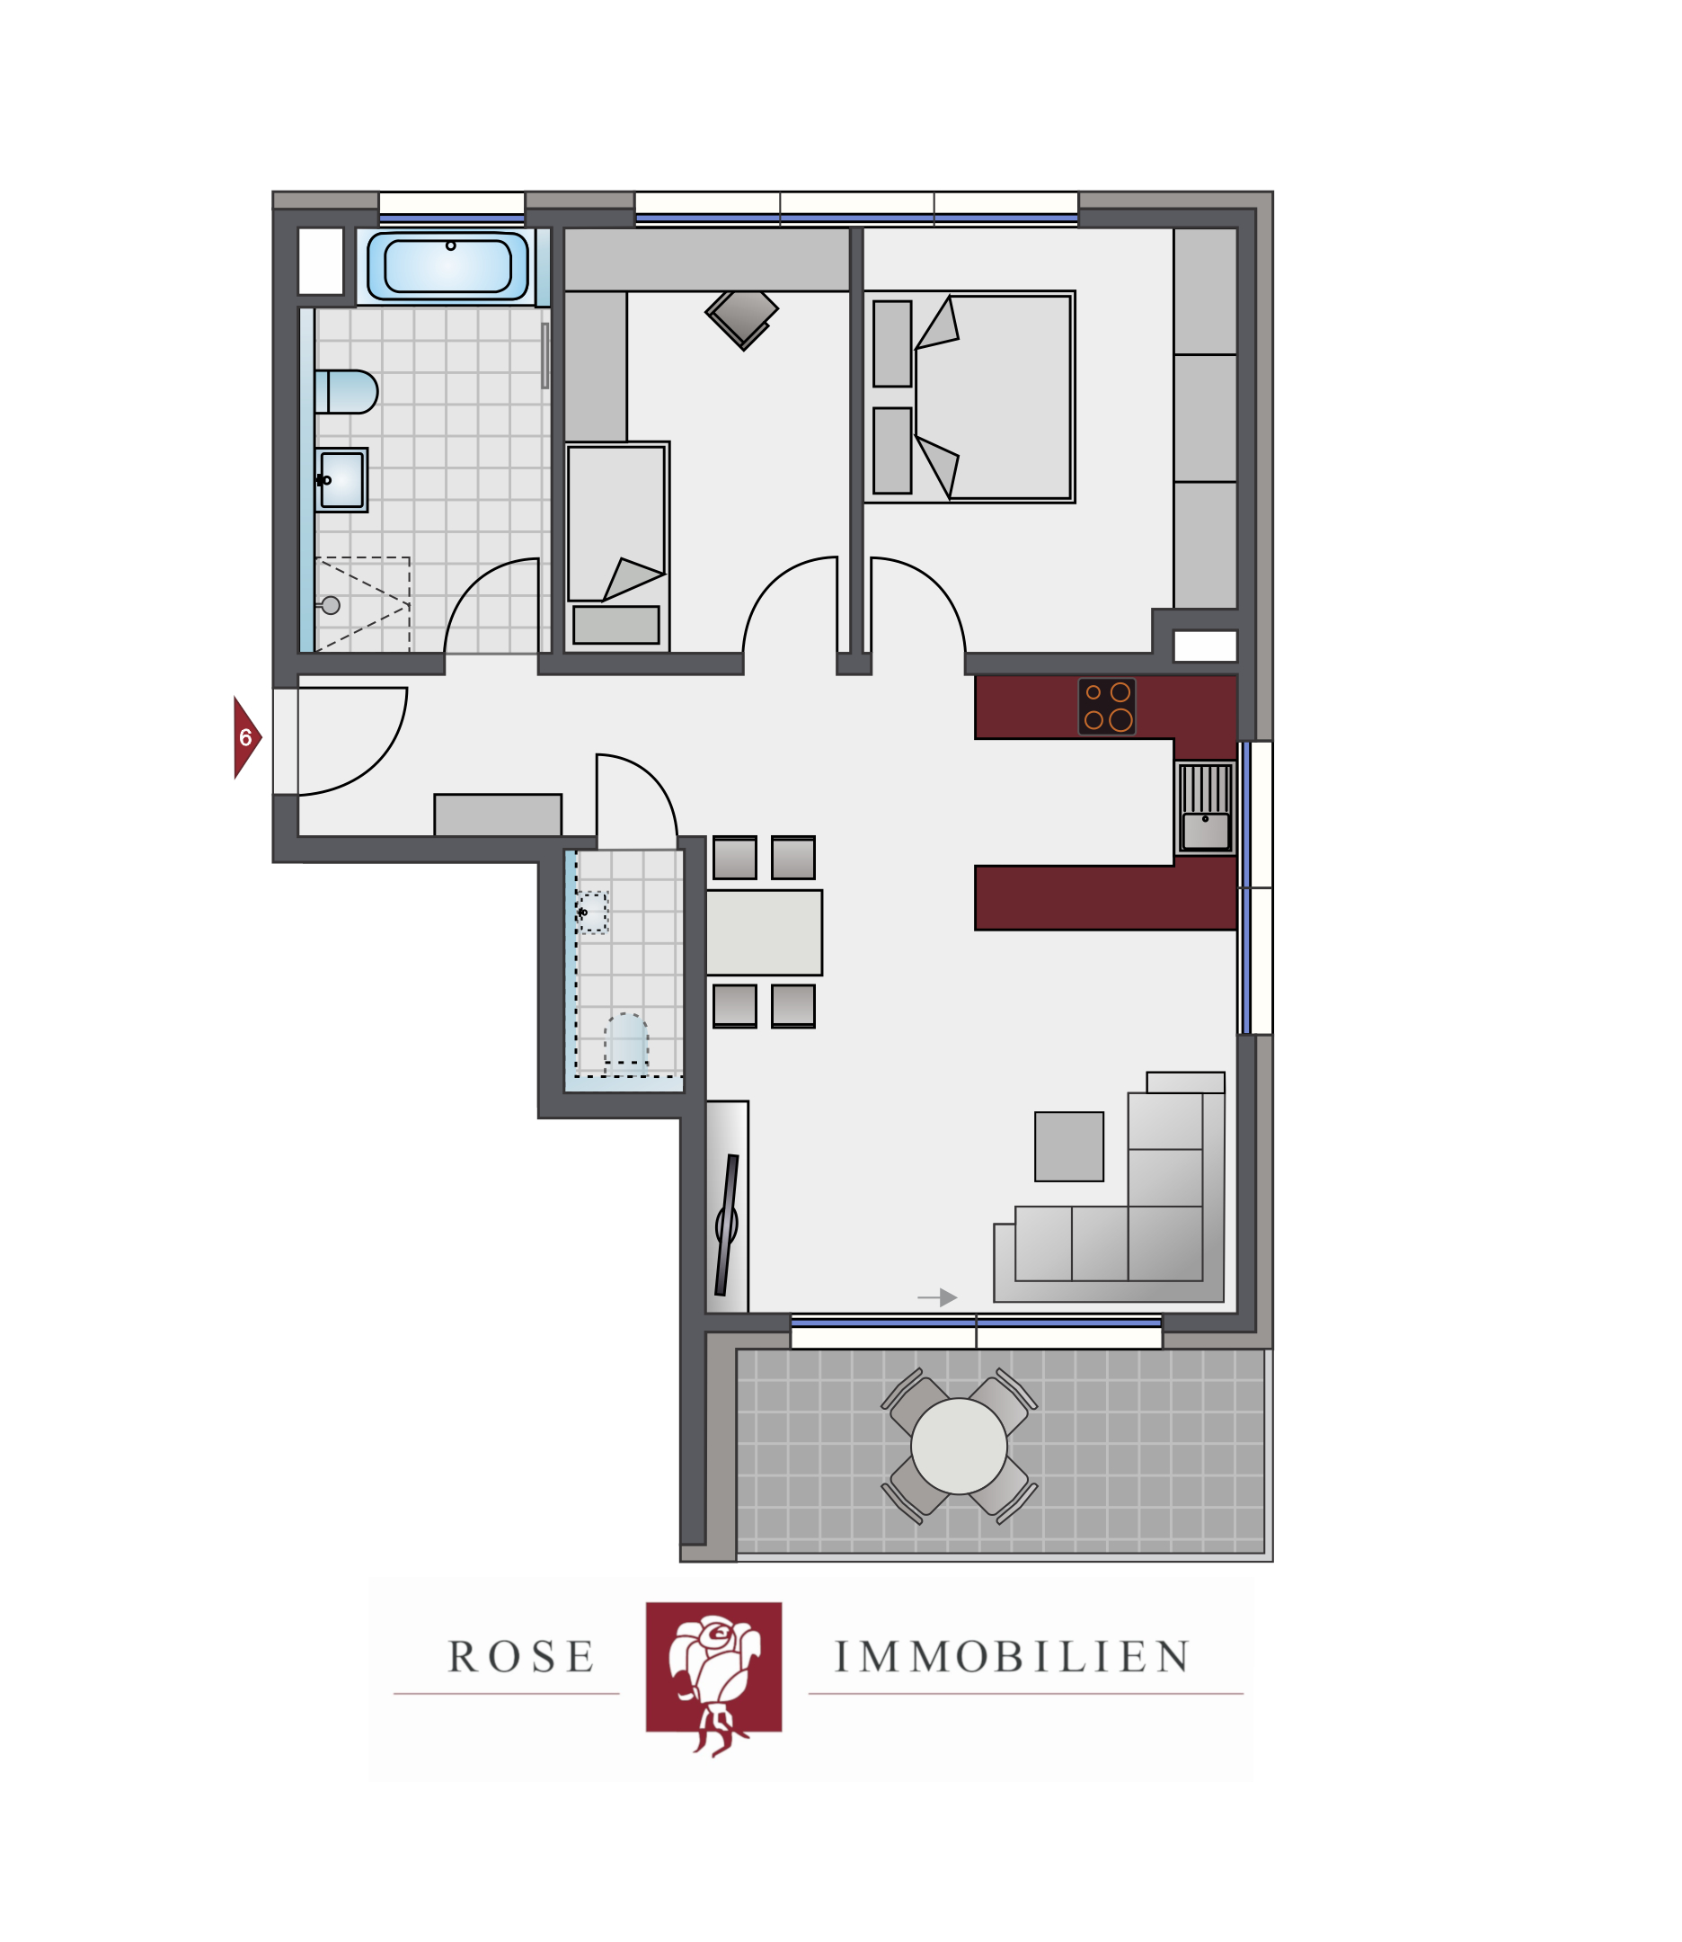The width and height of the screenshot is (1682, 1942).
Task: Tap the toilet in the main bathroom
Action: coord(345,392)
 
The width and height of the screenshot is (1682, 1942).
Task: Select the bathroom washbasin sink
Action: coord(341,480)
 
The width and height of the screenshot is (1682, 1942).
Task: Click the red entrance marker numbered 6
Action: coord(247,737)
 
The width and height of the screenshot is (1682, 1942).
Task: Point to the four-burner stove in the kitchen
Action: coord(1107,706)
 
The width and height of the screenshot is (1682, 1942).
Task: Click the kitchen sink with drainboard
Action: coord(1205,807)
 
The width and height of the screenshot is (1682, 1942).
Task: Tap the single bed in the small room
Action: coord(616,546)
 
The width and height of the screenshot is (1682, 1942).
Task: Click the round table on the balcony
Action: coord(959,1447)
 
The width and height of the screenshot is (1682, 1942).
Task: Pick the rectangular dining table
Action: coord(764,932)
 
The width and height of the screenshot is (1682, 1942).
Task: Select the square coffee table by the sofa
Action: coord(1069,1146)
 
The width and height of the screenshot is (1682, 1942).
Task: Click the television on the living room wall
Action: coord(728,1225)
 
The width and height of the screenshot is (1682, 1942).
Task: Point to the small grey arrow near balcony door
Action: coord(937,1296)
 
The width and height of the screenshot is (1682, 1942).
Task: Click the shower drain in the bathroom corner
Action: coord(331,606)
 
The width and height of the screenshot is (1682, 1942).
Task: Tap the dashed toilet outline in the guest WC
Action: coord(626,1039)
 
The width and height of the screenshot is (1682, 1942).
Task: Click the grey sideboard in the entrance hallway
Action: coord(498,815)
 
